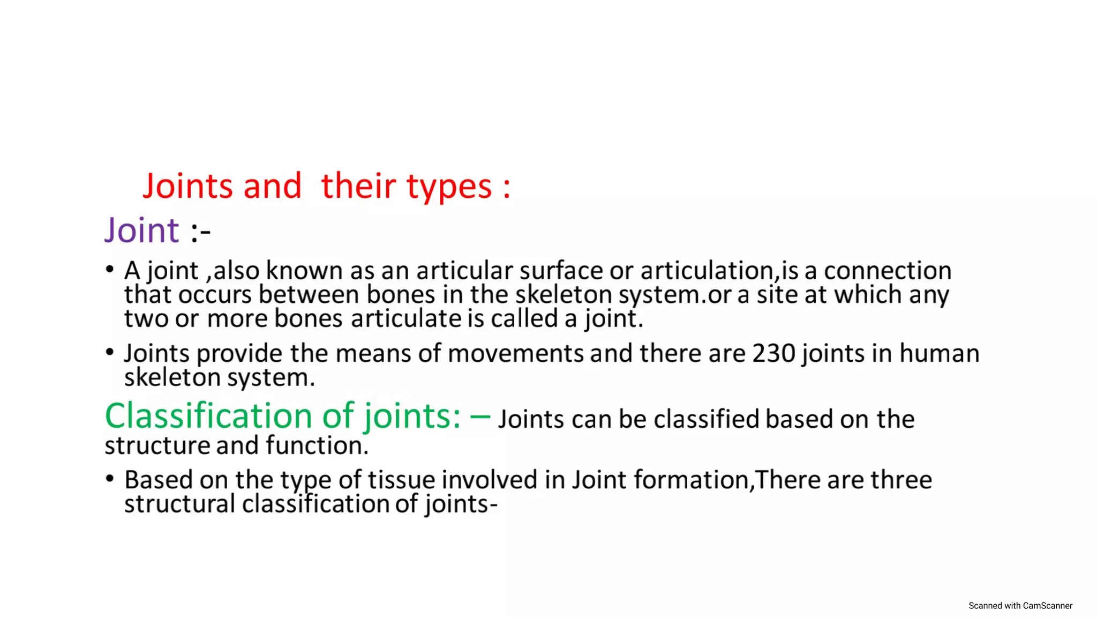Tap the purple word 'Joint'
(x=142, y=231)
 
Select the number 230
(x=774, y=354)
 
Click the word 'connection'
(x=888, y=271)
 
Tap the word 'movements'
(x=515, y=354)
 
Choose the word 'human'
(x=940, y=354)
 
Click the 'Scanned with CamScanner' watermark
(x=1020, y=606)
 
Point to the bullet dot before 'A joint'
(x=110, y=269)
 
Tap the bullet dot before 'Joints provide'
(x=110, y=352)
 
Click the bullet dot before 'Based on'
(x=110, y=478)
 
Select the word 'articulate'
(x=406, y=319)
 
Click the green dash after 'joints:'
(x=480, y=417)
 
